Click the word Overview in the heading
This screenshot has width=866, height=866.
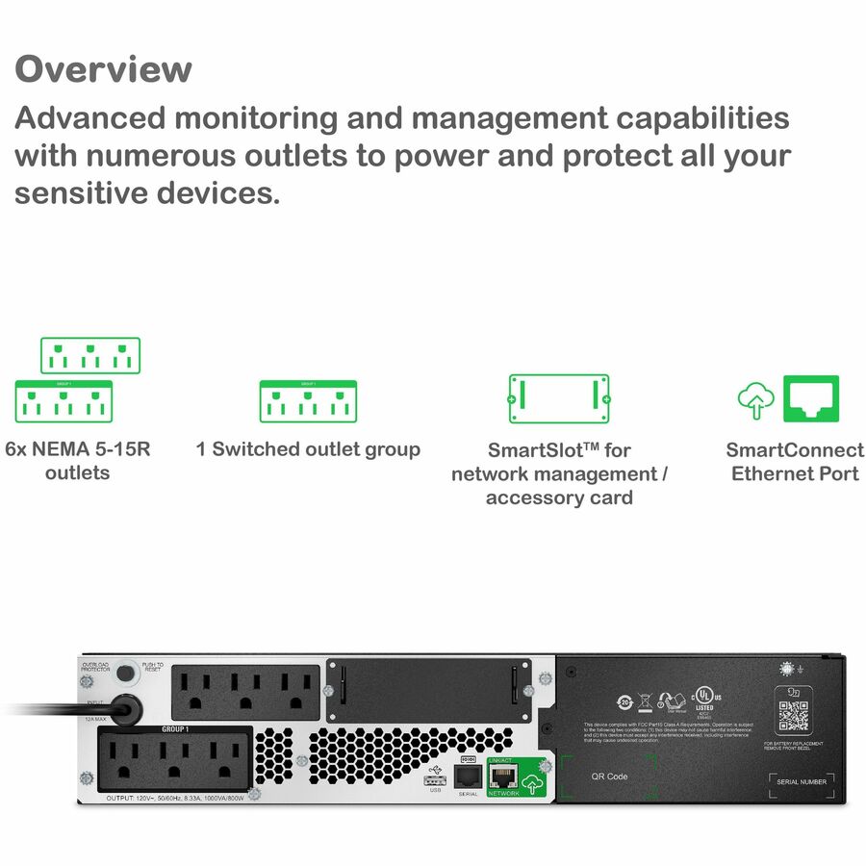[x=103, y=70]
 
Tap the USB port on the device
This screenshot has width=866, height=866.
[x=435, y=777]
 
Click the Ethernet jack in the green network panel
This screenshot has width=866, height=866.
[x=503, y=777]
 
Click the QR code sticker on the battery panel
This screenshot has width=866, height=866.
[x=793, y=717]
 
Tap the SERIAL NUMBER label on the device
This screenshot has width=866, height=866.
[x=801, y=782]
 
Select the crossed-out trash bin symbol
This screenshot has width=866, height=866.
[x=646, y=701]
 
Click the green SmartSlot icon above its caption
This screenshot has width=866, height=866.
[x=558, y=398]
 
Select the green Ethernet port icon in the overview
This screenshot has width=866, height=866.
[x=811, y=398]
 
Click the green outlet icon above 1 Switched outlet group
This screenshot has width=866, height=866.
[x=308, y=401]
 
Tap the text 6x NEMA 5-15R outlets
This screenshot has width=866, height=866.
[x=78, y=461]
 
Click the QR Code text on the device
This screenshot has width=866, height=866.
[x=609, y=777]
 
